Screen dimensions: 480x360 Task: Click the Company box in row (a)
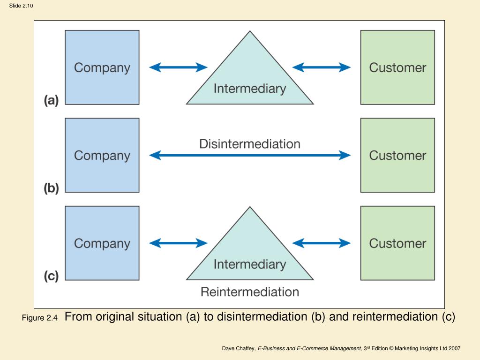click(x=102, y=67)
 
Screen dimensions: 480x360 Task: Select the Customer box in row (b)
click(x=397, y=155)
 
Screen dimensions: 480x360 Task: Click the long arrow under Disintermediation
click(x=250, y=155)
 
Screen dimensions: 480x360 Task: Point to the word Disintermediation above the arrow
click(x=250, y=144)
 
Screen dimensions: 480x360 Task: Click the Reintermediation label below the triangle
click(x=250, y=292)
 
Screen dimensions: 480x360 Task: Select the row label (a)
click(x=51, y=100)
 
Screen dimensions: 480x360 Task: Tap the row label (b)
click(x=51, y=188)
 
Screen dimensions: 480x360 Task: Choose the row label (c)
click(x=51, y=276)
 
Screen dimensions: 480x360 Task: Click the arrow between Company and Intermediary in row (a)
click(x=178, y=67)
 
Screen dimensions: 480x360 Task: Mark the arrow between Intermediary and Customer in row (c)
click(x=322, y=243)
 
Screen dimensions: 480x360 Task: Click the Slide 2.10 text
click(x=21, y=6)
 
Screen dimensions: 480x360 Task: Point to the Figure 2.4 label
click(x=39, y=318)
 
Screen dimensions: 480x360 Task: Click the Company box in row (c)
click(x=102, y=243)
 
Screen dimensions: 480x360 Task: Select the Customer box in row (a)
click(x=397, y=67)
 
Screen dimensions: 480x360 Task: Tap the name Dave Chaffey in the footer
click(x=239, y=348)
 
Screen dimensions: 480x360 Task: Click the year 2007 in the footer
click(x=455, y=348)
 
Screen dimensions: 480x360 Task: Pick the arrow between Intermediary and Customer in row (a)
click(x=322, y=67)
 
